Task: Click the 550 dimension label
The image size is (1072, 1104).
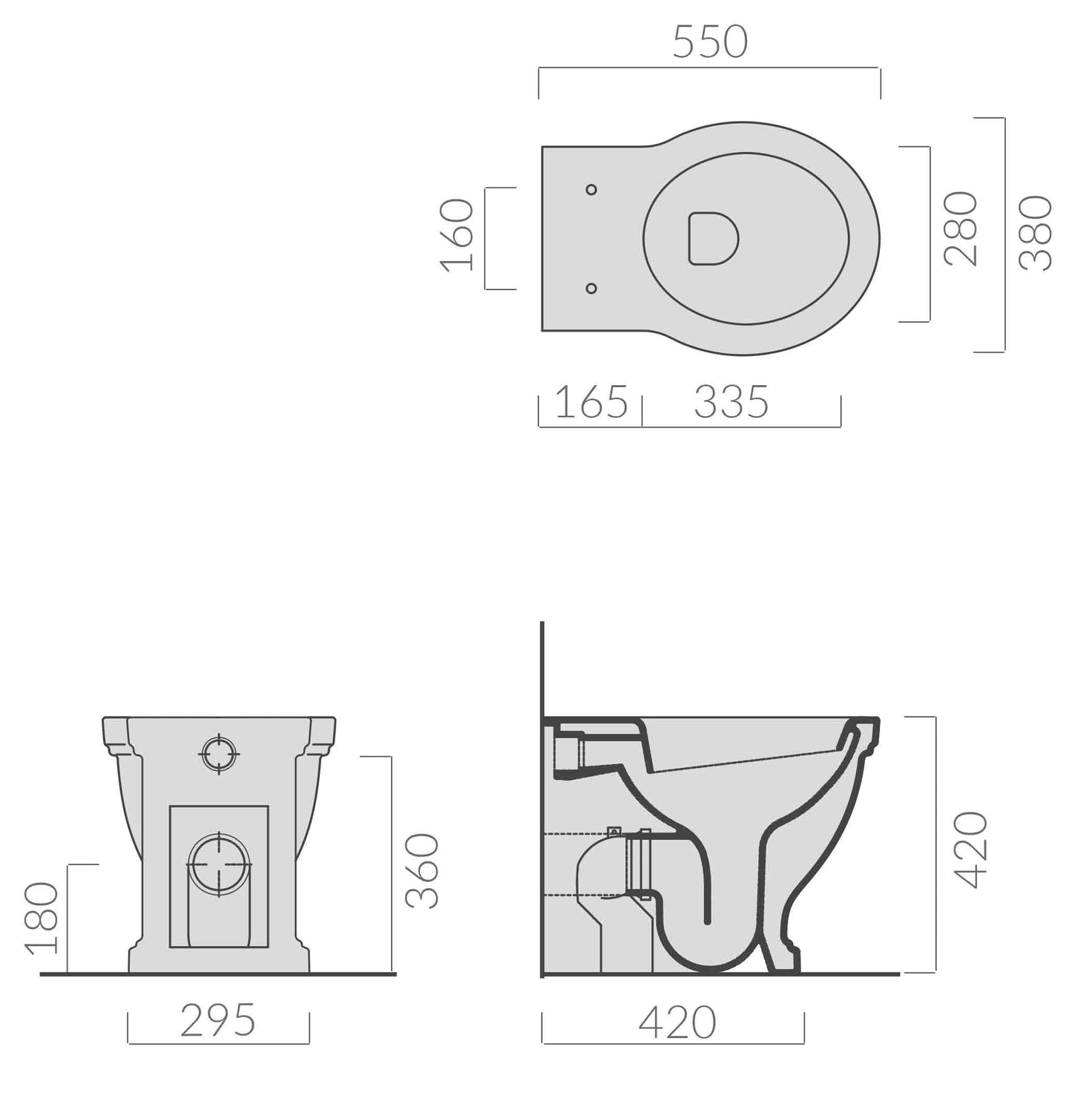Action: coord(709,42)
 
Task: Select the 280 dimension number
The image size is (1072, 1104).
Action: coord(961,229)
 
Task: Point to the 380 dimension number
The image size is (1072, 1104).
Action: coord(1036,233)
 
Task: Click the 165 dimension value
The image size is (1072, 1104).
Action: coord(591,403)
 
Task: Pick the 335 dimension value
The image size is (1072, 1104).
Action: coord(731,403)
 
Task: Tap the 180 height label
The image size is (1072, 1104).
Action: coord(41,918)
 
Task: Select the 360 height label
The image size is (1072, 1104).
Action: coord(423,871)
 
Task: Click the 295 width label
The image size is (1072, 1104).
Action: coord(218,1021)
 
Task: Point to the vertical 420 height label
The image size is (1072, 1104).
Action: coord(971,850)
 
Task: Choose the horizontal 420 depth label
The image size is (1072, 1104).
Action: coord(677,1023)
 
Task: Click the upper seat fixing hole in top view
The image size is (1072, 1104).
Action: coord(591,190)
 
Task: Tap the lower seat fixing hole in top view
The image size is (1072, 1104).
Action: coord(591,288)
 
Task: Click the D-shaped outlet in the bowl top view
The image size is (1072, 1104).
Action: coord(713,238)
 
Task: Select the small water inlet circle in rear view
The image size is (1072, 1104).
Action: coord(219,754)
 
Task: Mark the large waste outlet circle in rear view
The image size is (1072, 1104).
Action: coord(219,865)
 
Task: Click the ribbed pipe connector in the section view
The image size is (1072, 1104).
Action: coord(639,864)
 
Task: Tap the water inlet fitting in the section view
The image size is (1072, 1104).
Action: coord(570,753)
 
